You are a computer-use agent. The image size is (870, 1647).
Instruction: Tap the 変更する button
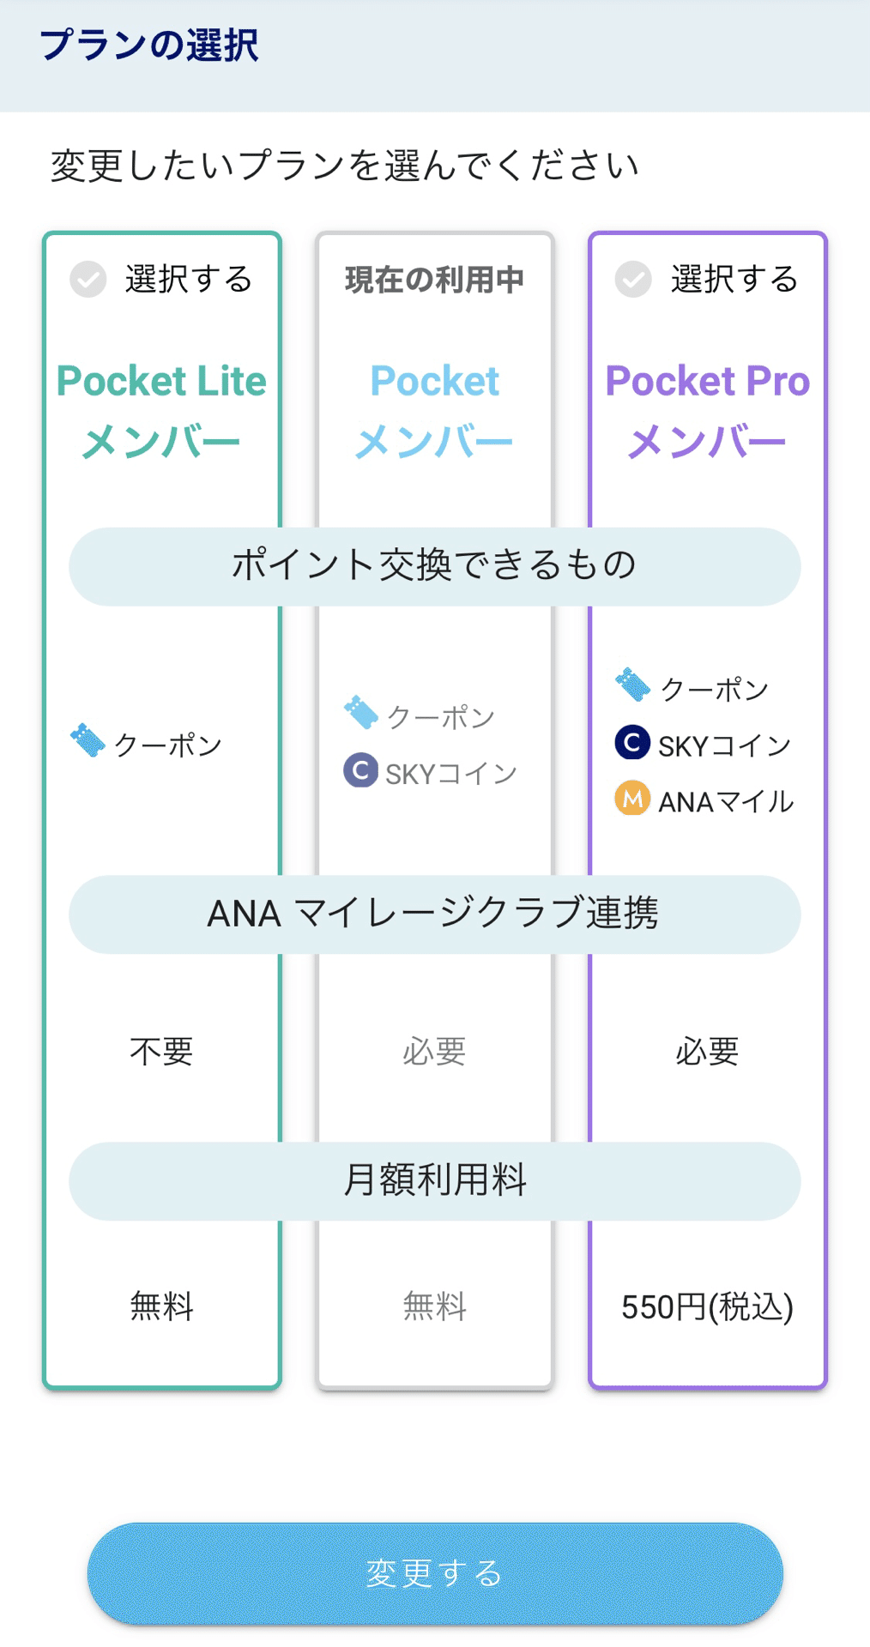coord(434,1573)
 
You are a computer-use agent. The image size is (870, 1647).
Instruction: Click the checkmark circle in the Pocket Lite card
coord(88,280)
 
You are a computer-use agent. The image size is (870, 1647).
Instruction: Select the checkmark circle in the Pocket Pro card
coord(633,280)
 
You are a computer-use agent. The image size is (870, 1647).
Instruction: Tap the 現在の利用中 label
coord(434,280)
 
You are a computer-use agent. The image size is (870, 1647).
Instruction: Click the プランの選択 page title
coord(148,45)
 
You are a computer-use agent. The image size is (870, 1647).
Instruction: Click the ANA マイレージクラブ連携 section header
coord(434,914)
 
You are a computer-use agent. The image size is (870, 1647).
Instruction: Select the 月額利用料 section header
coord(434,1180)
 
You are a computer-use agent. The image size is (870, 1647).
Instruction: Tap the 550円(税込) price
coord(707,1307)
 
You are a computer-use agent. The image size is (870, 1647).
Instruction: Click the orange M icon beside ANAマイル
coord(632,799)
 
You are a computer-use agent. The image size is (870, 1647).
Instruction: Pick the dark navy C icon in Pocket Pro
coord(632,743)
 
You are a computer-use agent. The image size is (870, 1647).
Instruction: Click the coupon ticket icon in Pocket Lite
coord(88,740)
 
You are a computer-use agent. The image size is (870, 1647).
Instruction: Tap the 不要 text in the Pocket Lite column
coord(161,1052)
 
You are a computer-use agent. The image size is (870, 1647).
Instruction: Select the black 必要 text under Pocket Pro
coord(707,1052)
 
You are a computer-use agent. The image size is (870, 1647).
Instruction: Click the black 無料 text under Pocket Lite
coord(161,1307)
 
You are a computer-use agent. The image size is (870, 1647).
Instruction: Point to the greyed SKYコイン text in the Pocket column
coord(451,774)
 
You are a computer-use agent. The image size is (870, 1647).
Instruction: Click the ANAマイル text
coord(726,802)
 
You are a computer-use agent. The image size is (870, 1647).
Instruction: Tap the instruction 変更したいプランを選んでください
coord(344,166)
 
